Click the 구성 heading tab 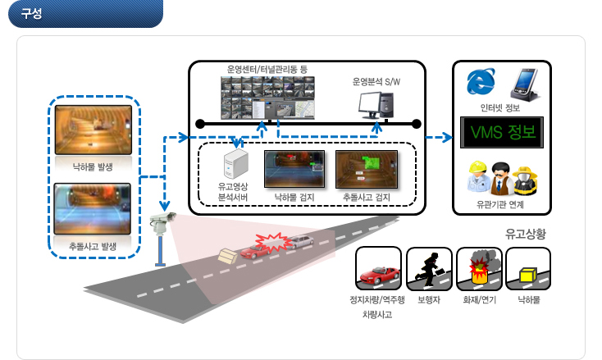click(85, 13)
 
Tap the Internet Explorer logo click(481, 81)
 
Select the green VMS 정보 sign click(502, 132)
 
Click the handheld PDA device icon click(525, 84)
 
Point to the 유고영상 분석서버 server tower click(235, 164)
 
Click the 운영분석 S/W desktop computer click(376, 105)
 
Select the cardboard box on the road click(228, 256)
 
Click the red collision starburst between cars click(273, 243)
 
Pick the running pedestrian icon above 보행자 click(429, 269)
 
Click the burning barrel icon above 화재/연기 click(479, 269)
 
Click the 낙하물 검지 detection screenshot click(294, 169)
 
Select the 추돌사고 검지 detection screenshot click(367, 169)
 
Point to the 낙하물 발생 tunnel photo click(93, 130)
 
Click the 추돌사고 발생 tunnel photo click(92, 209)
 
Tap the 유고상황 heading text click(525, 234)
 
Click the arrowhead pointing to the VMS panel click(448, 137)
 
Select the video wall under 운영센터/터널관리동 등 click(267, 98)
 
